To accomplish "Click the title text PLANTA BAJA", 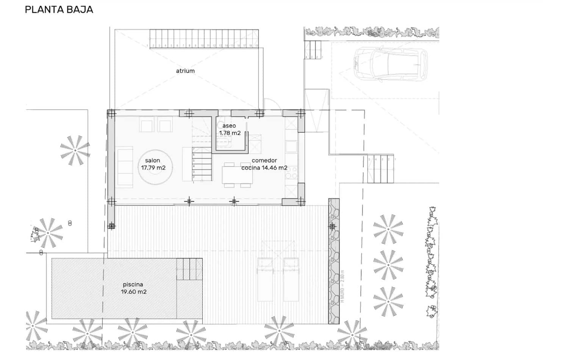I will [x=59, y=9].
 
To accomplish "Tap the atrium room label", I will [x=185, y=71].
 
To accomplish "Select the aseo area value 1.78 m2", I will [x=230, y=133].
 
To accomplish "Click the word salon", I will [x=152, y=161].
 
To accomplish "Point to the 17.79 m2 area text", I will [x=153, y=168].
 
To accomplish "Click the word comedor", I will [x=264, y=161].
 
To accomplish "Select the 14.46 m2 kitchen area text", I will [x=275, y=168].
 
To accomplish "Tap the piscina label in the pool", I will [x=133, y=285].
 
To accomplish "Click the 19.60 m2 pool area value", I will [x=134, y=292].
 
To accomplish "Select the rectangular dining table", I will [x=237, y=175].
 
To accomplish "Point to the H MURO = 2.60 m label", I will [x=343, y=286].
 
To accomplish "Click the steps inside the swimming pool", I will [x=189, y=269].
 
